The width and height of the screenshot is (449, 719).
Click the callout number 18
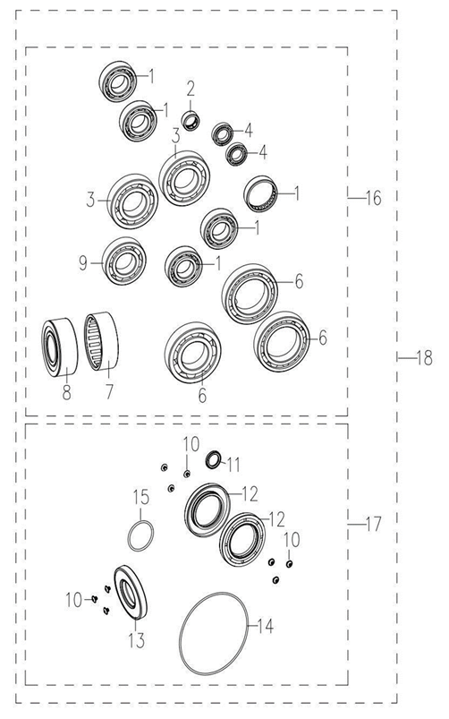tap(422, 359)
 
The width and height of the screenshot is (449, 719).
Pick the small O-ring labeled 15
tap(139, 537)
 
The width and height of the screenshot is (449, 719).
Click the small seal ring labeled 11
tap(214, 460)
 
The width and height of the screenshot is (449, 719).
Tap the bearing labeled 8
tap(60, 347)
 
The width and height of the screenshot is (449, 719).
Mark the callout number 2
tap(191, 88)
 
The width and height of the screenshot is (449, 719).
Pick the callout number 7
tap(110, 391)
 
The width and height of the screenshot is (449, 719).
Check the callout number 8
tap(65, 391)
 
